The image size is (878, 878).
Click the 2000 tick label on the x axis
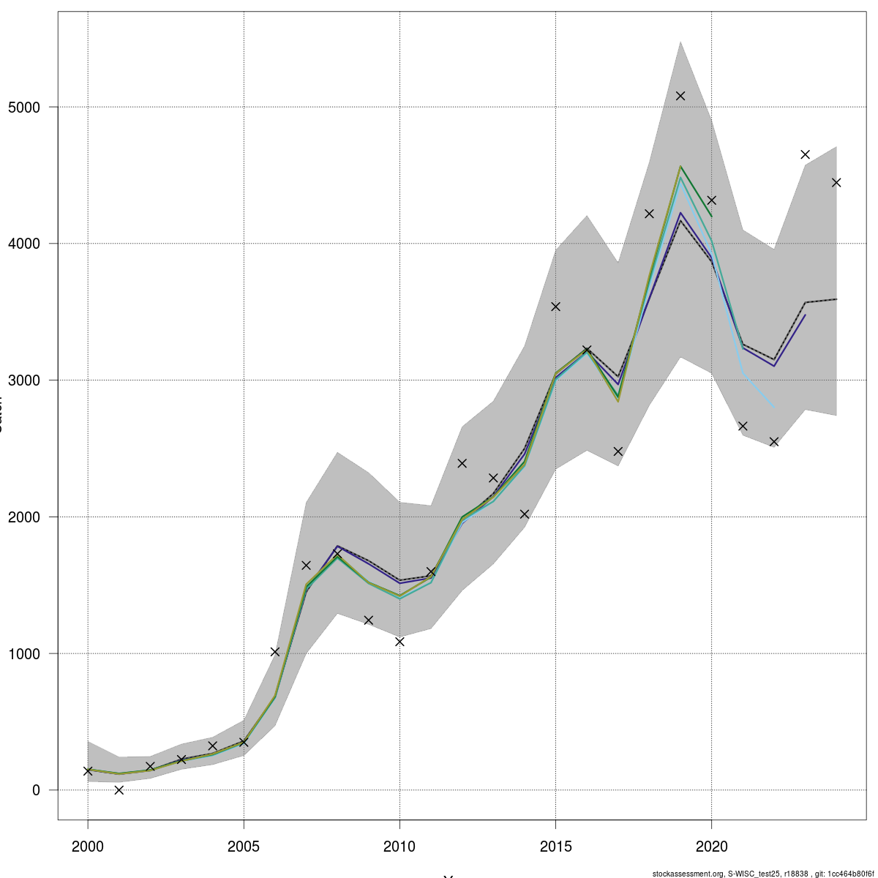[88, 847]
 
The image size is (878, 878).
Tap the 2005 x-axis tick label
[244, 847]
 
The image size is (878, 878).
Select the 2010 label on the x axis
[399, 847]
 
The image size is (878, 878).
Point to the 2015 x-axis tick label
[555, 847]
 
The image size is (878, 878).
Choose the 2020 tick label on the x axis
[711, 847]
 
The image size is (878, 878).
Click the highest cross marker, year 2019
[680, 96]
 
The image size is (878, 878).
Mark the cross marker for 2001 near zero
[119, 789]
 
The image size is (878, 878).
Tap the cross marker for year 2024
[836, 182]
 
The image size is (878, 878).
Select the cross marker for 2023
[805, 154]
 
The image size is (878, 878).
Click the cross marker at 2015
[555, 307]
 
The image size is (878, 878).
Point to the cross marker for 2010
[399, 642]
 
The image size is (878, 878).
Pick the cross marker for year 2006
[275, 651]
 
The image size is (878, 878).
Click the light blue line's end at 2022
[773, 408]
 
